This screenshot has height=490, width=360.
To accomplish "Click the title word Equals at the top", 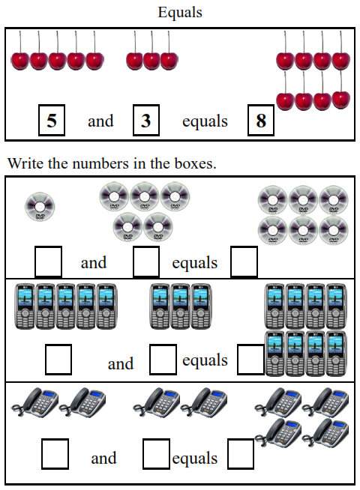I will pos(180,13).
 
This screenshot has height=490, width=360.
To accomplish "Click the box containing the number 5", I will pos(52,121).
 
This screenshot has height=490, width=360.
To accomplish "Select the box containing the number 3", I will pos(145,121).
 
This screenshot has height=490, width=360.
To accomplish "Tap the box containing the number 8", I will pos(261,121).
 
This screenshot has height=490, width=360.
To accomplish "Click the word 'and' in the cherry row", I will pos(100,121).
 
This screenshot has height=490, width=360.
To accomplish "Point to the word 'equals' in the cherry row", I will pos(205,121).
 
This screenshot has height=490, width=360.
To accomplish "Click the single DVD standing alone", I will pos(40,206).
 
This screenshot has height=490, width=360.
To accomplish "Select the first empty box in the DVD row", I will pos(49,261).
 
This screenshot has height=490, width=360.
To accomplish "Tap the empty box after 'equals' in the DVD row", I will pos(244,261).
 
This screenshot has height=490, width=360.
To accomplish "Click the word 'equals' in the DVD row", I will pos(194,263).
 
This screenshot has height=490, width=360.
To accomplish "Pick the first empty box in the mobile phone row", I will pos(58,360).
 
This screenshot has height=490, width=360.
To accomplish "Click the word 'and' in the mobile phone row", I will pos(121,364).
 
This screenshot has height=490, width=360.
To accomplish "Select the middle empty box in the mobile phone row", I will pos(163,360).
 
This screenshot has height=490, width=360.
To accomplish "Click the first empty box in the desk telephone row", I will pos(55,453).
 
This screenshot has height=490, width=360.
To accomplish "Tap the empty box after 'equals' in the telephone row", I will pos(241,453).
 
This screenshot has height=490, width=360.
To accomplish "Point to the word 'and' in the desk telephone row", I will pos(103,458).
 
